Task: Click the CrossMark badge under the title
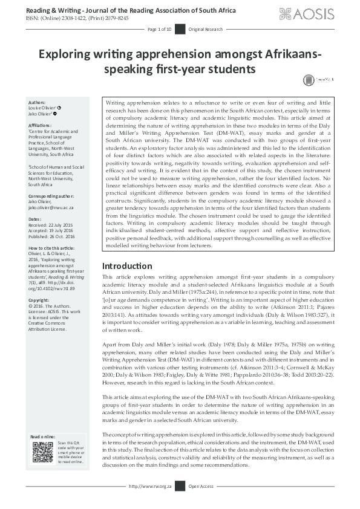point(317,80)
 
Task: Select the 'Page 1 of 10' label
point(160,29)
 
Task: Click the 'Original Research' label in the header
point(206,29)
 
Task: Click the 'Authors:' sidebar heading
point(38,103)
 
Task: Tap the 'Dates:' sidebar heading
point(35,219)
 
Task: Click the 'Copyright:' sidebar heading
point(40,300)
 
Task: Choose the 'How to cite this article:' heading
point(52,248)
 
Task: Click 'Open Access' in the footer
point(201,485)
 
